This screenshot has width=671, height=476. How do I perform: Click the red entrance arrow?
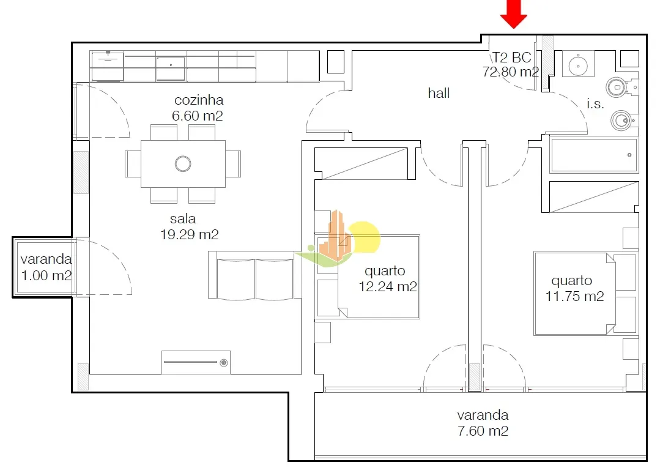coord(514,13)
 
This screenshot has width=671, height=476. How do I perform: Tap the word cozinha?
coord(199,100)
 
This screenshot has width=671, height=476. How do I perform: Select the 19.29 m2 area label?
coord(190,234)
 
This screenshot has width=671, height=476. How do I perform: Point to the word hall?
coord(439,93)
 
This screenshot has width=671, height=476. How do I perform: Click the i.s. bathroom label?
coord(595,103)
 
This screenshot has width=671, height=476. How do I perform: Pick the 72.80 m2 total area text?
coord(511,72)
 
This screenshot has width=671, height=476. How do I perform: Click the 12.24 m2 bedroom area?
coord(388,286)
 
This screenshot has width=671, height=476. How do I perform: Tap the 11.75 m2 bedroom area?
coord(575,296)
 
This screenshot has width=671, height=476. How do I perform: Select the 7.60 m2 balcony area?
coord(483,431)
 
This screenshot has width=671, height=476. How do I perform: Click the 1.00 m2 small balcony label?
coord(46,275)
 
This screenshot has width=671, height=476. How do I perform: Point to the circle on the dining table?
coord(183,163)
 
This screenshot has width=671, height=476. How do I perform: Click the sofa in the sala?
coord(255,275)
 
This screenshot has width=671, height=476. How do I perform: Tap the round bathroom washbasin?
coord(578,65)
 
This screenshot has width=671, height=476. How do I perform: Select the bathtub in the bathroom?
coord(595,155)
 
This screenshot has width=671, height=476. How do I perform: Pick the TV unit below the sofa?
coord(196,362)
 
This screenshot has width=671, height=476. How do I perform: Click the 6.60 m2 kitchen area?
coord(198,116)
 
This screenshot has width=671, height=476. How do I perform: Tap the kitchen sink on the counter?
coord(171,68)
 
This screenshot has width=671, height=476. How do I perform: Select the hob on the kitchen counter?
coord(108,66)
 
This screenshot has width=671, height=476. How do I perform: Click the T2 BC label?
coord(511,57)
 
